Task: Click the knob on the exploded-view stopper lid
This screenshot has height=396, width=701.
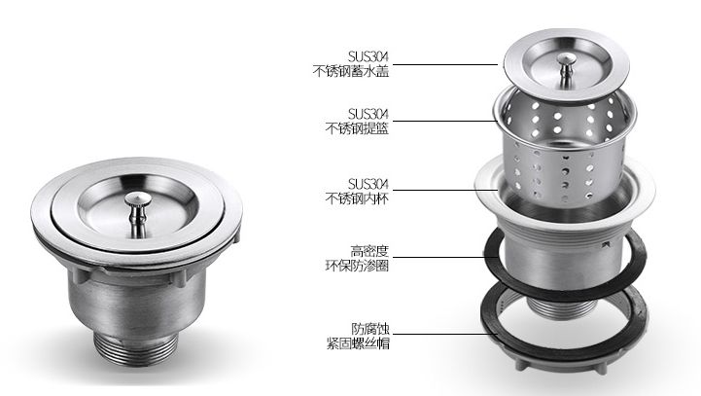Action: (x=567, y=69)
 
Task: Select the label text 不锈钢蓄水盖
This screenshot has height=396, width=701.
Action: (x=350, y=72)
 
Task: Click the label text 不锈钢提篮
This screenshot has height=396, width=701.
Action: (x=357, y=128)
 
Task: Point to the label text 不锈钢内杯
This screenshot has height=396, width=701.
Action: (x=357, y=198)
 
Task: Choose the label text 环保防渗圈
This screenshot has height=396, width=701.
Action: (x=357, y=266)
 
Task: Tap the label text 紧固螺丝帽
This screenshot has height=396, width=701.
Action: (x=358, y=343)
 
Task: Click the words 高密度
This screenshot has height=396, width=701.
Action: (x=369, y=251)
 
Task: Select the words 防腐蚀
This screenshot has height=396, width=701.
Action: (x=370, y=329)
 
